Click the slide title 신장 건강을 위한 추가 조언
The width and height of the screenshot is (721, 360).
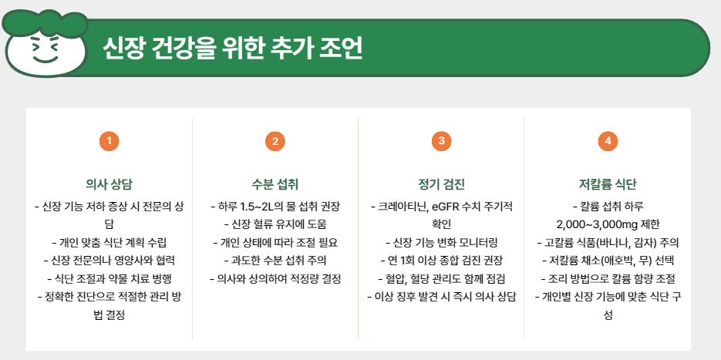pyautogui.click(x=232, y=48)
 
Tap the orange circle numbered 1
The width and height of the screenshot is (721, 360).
pyautogui.click(x=109, y=141)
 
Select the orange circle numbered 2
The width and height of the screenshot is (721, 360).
pyautogui.click(x=275, y=141)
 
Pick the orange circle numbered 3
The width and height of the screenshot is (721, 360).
pyautogui.click(x=441, y=141)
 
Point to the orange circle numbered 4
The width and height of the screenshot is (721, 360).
pyautogui.click(x=608, y=141)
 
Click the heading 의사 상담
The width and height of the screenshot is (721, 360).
pyautogui.click(x=109, y=184)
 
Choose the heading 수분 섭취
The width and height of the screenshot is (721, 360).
pyautogui.click(x=275, y=184)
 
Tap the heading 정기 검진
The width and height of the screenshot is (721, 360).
pyautogui.click(x=441, y=184)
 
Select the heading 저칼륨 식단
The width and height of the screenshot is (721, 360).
pyautogui.click(x=608, y=184)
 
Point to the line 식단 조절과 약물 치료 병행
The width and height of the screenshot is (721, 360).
pyautogui.click(x=109, y=278)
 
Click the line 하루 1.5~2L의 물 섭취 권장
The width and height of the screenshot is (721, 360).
pyautogui.click(x=275, y=207)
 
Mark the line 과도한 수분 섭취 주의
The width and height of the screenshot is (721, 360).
pyautogui.click(x=275, y=260)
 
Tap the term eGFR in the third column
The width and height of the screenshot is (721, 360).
pyautogui.click(x=448, y=207)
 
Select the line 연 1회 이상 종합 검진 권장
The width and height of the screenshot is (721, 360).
pyautogui.click(x=441, y=260)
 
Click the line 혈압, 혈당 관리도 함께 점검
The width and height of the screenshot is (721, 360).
pyautogui.click(x=441, y=278)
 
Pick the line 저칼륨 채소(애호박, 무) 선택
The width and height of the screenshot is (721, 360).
pyautogui.click(x=608, y=260)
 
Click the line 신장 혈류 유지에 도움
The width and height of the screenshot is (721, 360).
pyautogui.click(x=275, y=224)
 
